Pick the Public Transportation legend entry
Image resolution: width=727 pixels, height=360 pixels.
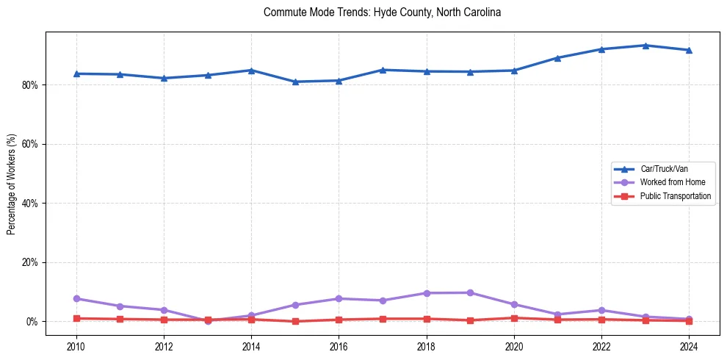click(675, 196)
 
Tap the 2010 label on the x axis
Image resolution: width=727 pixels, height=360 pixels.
click(76, 346)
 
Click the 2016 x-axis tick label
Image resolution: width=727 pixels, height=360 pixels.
click(339, 346)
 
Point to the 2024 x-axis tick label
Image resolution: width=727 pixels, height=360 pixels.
click(689, 346)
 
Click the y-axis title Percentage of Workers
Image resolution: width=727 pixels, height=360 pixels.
click(12, 184)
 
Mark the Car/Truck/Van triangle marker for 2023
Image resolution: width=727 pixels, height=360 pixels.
click(645, 46)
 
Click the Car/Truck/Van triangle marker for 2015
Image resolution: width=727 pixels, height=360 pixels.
click(295, 82)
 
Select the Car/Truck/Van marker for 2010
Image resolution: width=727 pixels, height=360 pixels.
click(76, 73)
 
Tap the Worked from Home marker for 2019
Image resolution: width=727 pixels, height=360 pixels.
click(470, 292)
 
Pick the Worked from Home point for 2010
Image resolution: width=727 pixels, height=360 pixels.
click(76, 298)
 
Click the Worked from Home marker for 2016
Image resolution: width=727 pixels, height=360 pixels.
click(339, 298)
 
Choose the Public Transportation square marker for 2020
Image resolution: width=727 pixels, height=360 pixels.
click(514, 318)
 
